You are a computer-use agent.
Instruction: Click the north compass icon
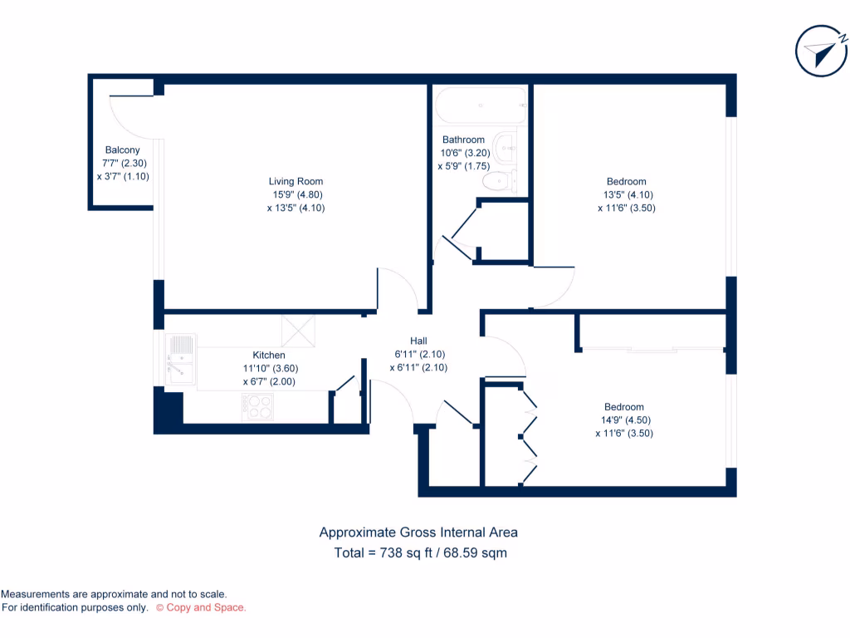click(x=821, y=52)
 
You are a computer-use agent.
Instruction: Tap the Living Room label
click(x=296, y=181)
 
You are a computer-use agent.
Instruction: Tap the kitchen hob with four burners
click(x=259, y=406)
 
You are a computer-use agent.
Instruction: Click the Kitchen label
click(x=269, y=356)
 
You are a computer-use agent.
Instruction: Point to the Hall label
click(x=418, y=341)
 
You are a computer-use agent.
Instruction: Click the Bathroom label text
click(x=463, y=140)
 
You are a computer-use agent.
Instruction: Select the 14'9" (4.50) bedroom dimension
click(x=623, y=420)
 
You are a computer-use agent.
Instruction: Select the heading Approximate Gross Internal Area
click(x=418, y=532)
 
